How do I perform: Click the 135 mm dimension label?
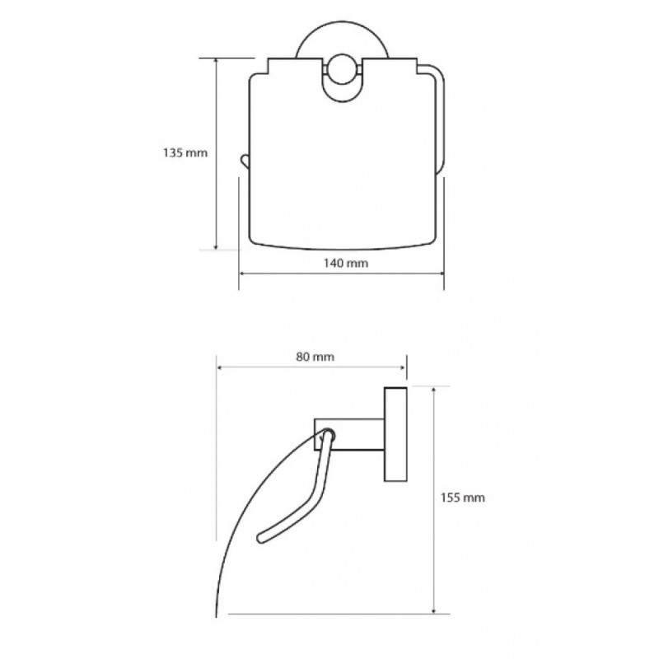[x=185, y=152]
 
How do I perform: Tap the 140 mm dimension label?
[x=345, y=263]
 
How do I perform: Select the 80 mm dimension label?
[x=315, y=357]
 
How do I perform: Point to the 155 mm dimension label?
[x=462, y=498]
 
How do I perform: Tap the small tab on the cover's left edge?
[x=245, y=161]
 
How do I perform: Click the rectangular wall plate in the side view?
[x=395, y=434]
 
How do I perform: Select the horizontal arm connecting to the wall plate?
[x=349, y=434]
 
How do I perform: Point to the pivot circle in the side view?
[x=327, y=435]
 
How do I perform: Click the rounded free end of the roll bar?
[x=261, y=538]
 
